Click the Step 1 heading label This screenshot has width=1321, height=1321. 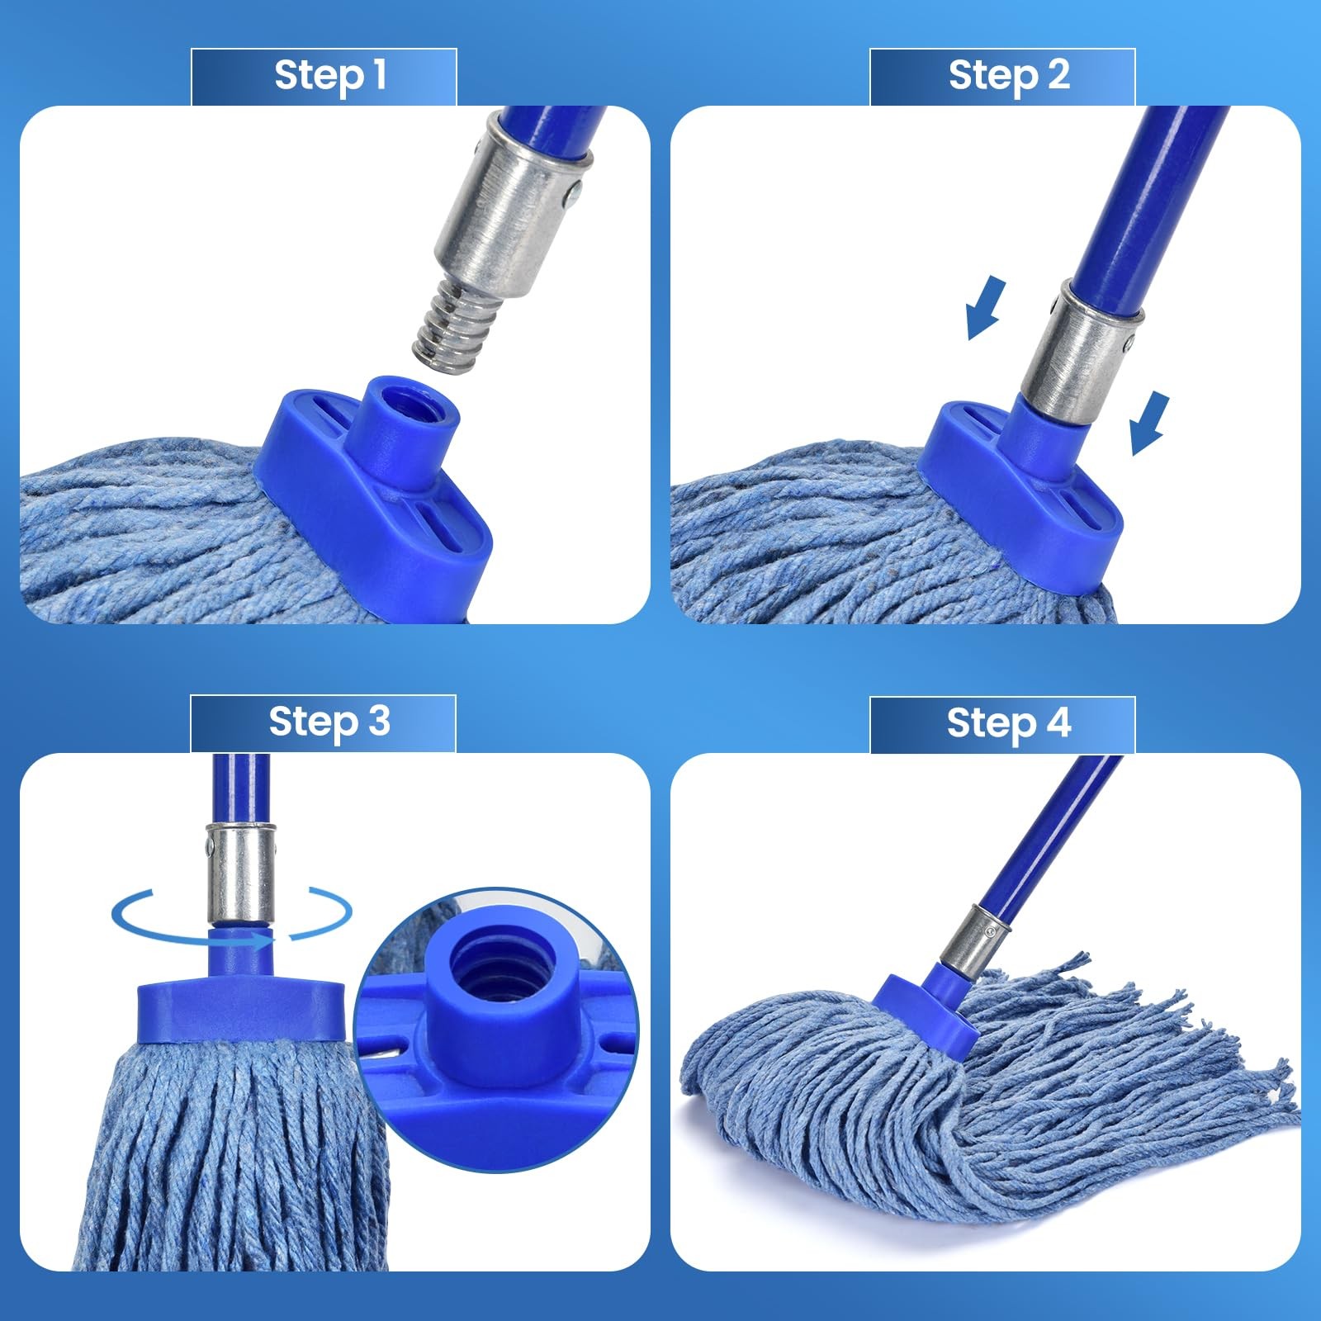pyautogui.click(x=329, y=75)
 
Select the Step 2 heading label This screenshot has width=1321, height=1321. pyautogui.click(x=1008, y=75)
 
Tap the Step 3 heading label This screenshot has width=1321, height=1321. pyautogui.click(x=329, y=722)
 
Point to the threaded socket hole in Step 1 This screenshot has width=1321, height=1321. pyautogui.click(x=407, y=395)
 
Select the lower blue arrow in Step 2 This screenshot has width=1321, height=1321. pyautogui.click(x=1148, y=423)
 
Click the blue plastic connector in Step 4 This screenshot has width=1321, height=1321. pyautogui.click(x=926, y=1011)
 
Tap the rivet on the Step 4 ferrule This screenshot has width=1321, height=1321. pyautogui.click(x=986, y=931)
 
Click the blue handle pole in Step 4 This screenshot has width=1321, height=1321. pyautogui.click(x=1049, y=834)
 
